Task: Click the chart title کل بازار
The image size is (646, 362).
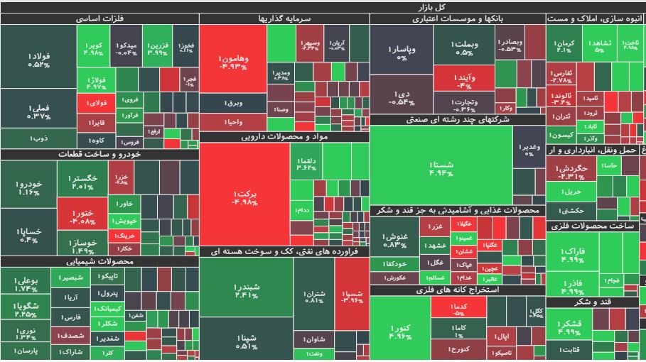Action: pos(323,6)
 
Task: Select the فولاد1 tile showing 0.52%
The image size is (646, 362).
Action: pos(39,60)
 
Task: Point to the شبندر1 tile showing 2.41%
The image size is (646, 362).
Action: pos(246,291)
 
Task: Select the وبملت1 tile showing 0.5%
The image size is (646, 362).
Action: pos(465,48)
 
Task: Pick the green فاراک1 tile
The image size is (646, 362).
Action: pos(572,254)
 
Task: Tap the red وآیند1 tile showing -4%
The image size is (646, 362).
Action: pos(463,79)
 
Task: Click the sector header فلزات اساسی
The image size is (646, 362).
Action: pos(99,19)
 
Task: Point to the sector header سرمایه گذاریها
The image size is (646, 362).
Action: pos(284,19)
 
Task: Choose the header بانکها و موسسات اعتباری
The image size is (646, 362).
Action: pos(456,19)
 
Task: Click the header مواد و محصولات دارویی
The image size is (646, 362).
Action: pos(284,136)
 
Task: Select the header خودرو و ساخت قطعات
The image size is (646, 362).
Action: pos(99,154)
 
